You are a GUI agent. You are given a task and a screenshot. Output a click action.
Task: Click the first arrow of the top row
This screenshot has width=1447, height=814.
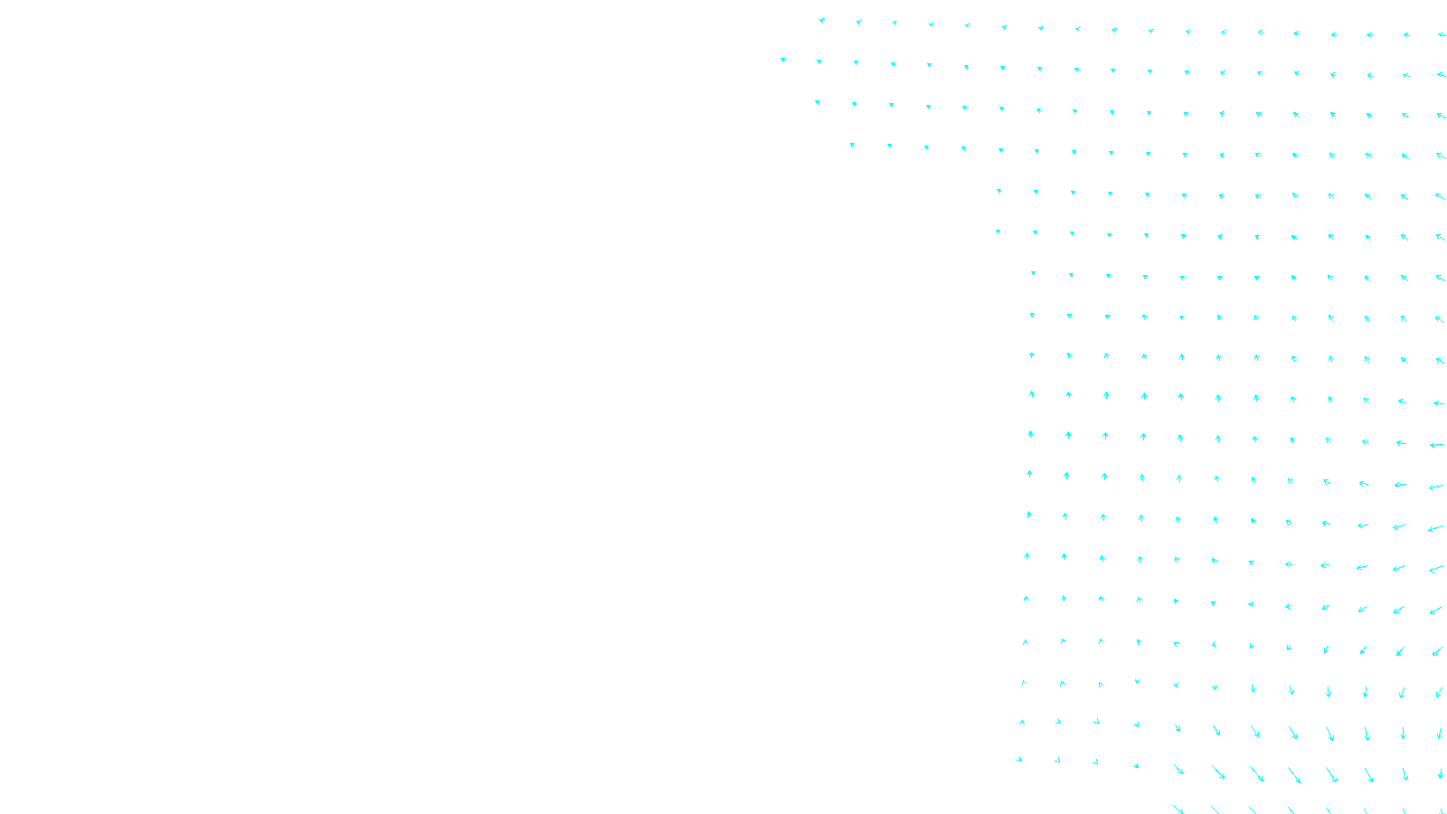pos(822,21)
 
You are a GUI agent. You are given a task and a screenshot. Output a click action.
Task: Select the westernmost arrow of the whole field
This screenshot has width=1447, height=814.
pos(783,61)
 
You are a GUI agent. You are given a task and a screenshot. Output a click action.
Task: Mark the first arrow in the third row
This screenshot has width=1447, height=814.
pos(818,103)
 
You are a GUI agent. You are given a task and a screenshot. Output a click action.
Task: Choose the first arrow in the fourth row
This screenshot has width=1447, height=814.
pos(852,145)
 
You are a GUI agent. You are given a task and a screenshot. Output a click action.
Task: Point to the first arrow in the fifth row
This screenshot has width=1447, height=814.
pos(999,191)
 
